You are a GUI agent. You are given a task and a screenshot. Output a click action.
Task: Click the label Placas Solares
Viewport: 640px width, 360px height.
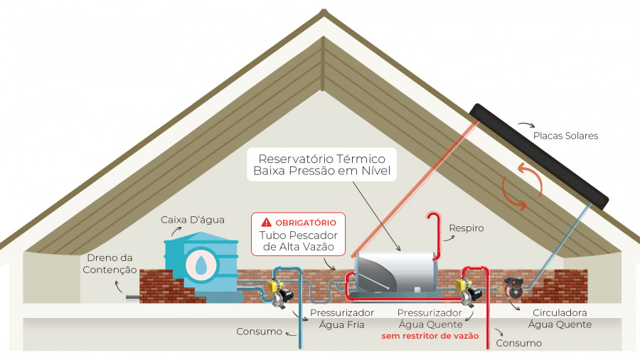click(x=565, y=135)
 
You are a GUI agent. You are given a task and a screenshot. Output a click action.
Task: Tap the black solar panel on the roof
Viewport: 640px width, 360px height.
click(x=539, y=157)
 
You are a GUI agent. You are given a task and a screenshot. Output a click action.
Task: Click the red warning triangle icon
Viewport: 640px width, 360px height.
click(x=266, y=222)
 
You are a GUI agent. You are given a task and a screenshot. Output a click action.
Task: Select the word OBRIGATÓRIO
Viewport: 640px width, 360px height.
click(x=306, y=223)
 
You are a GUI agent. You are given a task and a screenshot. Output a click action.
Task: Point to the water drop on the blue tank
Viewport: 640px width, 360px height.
click(x=201, y=265)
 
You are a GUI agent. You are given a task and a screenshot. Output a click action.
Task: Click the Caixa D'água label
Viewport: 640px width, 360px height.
click(x=192, y=220)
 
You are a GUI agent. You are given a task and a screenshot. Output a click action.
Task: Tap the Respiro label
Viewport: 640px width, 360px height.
click(x=466, y=228)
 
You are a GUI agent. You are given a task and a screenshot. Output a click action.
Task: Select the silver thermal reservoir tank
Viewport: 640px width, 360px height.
click(x=395, y=272)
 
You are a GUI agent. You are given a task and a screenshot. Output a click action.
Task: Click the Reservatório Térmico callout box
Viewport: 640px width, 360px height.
click(x=321, y=164)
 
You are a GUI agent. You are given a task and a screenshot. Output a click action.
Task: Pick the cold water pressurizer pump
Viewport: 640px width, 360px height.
click(x=279, y=292)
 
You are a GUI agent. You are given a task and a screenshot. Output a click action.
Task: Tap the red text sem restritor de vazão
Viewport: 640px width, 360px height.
click(x=430, y=336)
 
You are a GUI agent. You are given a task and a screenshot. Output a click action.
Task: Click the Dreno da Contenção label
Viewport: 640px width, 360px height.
click(x=110, y=264)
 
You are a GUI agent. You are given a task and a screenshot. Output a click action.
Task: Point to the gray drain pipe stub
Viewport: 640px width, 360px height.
click(x=133, y=297)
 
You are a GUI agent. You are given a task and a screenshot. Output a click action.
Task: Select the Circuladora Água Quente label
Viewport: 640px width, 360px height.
click(x=560, y=318)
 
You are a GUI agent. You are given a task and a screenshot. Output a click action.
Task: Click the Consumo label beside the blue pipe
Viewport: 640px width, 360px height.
click(x=259, y=332)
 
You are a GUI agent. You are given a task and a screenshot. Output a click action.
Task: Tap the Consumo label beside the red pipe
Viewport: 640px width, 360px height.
click(x=519, y=343)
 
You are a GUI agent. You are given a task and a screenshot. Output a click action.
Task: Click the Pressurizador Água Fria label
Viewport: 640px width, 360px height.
click(x=341, y=318)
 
